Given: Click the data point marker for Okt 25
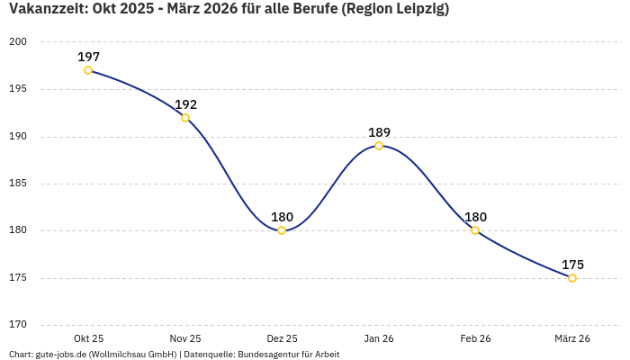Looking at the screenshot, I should (x=88, y=70).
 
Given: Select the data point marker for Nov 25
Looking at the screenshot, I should (x=185, y=118).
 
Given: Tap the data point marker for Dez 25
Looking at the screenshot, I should (x=282, y=230).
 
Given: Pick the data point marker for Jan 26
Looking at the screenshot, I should (x=379, y=146).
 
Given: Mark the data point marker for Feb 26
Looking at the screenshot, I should (x=475, y=230).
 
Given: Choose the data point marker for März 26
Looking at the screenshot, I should (x=572, y=278).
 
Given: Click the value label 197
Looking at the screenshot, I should (x=88, y=57).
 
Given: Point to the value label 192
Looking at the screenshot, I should (x=185, y=104).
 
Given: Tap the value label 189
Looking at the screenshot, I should (x=379, y=132).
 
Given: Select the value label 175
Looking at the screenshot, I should (x=572, y=265).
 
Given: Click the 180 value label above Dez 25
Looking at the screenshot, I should (x=282, y=217).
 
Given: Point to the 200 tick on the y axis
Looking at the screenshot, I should (x=19, y=42).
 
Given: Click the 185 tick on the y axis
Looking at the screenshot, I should (x=19, y=184).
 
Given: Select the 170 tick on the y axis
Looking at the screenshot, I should (x=19, y=325).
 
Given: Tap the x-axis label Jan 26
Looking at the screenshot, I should (x=379, y=338).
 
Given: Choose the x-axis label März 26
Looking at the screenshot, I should (x=572, y=338).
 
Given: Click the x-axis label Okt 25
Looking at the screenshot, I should (x=88, y=338).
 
